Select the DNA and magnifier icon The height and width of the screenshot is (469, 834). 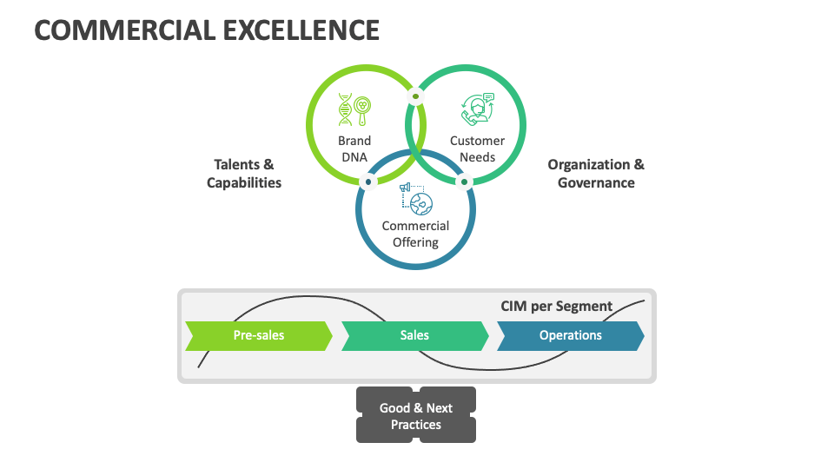point(355,110)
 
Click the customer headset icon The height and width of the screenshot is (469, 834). point(477,110)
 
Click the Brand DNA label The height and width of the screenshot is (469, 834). point(354,149)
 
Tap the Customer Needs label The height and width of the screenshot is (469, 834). point(477,149)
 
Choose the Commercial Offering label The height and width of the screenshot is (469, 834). point(415,234)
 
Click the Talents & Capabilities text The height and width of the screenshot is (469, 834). point(244,173)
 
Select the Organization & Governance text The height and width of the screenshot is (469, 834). point(596,173)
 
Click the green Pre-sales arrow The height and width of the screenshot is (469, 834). point(258,335)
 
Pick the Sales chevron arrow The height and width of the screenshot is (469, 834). point(414,335)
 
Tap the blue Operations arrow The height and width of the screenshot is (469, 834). point(570,335)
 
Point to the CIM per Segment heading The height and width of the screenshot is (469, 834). point(557,306)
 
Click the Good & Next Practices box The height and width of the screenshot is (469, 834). point(416,416)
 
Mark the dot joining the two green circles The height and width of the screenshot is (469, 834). point(415,96)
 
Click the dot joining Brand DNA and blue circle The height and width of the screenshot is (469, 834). point(368,182)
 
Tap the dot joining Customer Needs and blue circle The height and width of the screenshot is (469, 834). point(464,182)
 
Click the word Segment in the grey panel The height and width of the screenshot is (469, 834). point(585,306)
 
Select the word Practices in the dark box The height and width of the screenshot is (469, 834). point(416,425)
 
